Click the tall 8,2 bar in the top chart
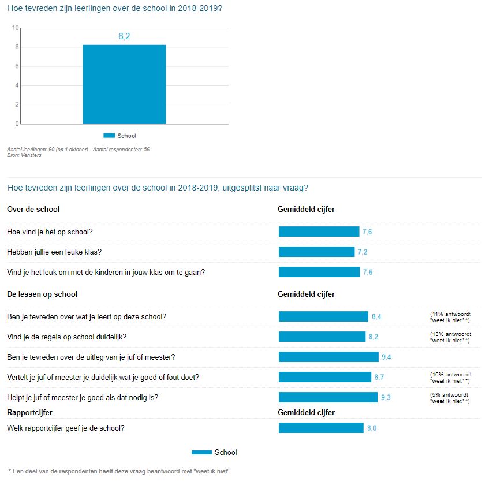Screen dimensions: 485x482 [124, 84]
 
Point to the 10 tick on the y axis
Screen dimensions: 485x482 [16, 27]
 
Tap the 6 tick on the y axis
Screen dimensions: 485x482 [17, 66]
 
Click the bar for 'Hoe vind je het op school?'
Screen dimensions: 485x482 [319, 232]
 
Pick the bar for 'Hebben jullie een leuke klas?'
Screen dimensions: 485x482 [316, 252]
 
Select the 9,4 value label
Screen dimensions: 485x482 [386, 357]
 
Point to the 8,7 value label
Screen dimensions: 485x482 [379, 377]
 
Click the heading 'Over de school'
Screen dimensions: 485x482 [33, 209]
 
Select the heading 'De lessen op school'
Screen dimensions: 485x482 [42, 294]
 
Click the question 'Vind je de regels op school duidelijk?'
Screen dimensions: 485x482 [66, 337]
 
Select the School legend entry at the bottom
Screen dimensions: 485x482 [214, 452]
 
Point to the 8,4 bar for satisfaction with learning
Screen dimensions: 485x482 [323, 316]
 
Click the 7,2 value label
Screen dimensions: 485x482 [363, 252]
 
